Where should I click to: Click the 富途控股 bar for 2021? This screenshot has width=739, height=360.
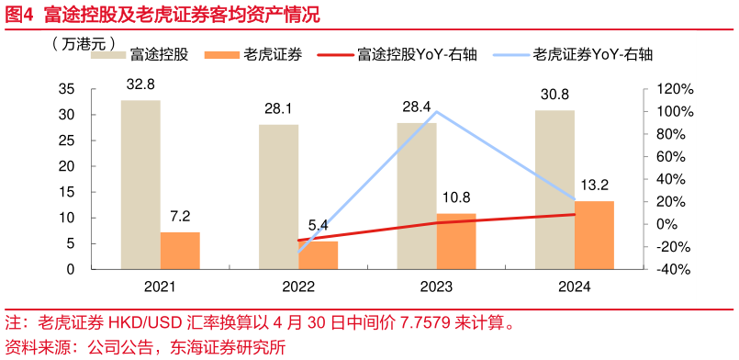pos(140,185)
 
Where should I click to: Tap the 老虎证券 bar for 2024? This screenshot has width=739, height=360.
pos(594,235)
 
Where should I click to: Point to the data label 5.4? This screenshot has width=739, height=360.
pos(319,225)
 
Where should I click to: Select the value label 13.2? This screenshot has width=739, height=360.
pos(594,184)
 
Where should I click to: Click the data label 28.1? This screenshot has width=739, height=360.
pos(278,108)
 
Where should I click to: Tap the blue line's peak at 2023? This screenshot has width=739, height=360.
pos(436,112)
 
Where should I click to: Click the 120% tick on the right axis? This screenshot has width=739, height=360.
pos(662,89)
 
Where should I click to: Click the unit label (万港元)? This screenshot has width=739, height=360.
pos(84,43)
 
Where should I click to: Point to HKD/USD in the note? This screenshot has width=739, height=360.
pos(135,323)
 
